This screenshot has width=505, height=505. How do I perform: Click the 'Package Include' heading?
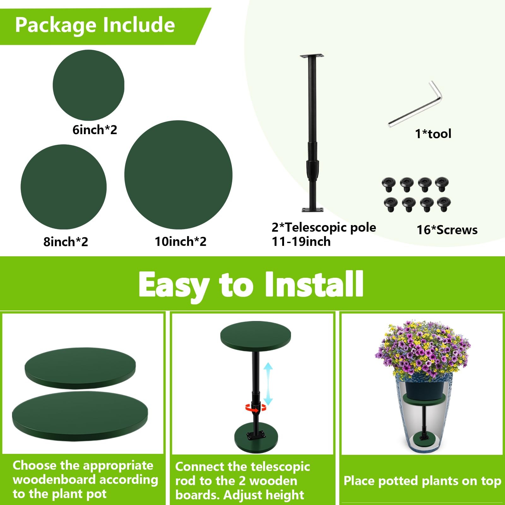coord(95,25)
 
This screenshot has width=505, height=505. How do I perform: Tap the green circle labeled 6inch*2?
coord(88,85)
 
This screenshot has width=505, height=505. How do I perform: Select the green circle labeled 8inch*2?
coord(63,187)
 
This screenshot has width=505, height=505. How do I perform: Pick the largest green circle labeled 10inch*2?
coord(178,175)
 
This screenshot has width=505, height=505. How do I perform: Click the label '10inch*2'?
coord(180,241)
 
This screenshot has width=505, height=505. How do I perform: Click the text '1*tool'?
coord(433,134)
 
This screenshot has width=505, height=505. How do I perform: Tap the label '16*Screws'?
coord(447,230)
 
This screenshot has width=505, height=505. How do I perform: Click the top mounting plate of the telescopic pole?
coord(312,56)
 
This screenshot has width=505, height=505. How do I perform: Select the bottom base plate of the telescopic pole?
coord(312,209)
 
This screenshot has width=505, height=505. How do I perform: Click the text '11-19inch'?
coord(301,242)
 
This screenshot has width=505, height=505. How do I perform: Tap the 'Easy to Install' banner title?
coord(251,285)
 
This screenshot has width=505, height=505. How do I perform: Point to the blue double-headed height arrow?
coord(268,383)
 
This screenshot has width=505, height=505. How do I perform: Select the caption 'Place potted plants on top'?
coord(422,481)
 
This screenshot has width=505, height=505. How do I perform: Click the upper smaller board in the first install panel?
coord(80,368)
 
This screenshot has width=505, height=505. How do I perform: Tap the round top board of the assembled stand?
coord(255,336)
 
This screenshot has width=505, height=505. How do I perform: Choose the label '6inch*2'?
coord(95,130)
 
